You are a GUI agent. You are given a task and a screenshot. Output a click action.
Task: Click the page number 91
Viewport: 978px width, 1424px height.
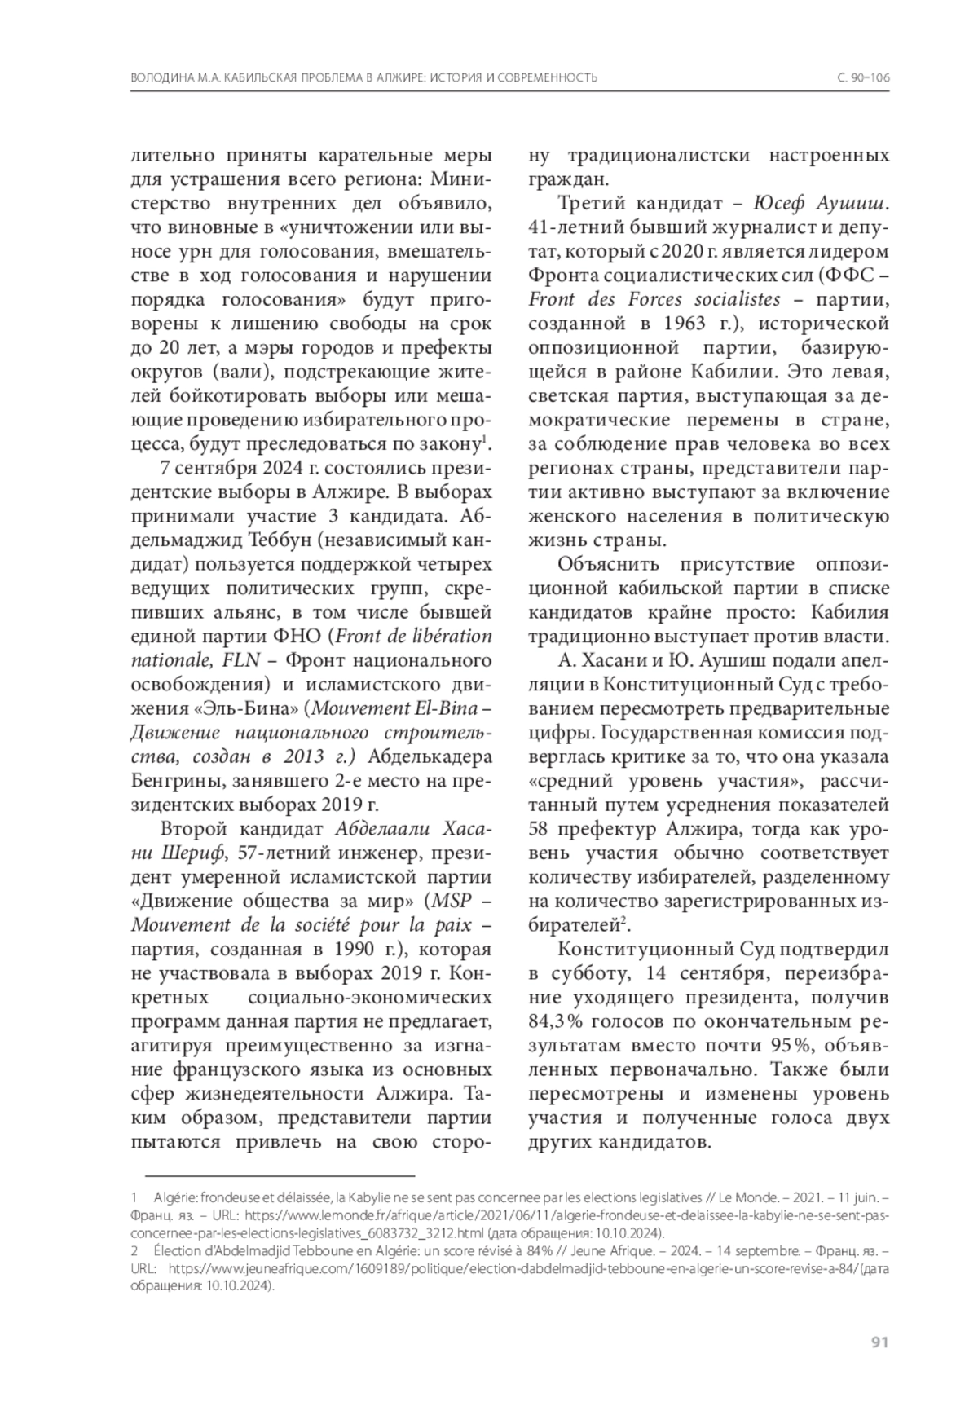[879, 1343]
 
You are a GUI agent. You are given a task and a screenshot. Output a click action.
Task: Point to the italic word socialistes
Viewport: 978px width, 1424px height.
[731, 299]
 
